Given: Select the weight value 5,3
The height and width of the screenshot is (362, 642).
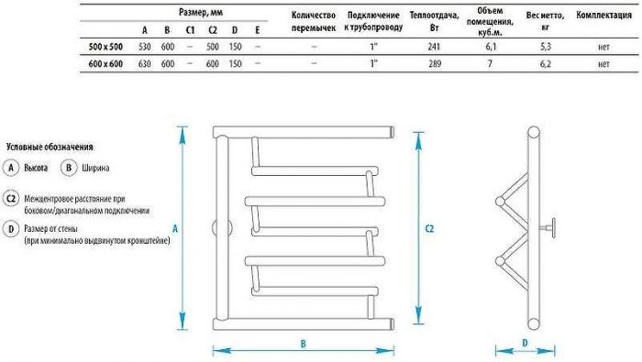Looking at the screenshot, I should [545, 44].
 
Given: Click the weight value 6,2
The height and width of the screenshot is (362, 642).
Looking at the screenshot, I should [545, 63].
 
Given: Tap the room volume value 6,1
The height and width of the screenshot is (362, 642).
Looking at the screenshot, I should [491, 44].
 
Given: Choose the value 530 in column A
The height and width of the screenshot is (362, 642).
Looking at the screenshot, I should [144, 44].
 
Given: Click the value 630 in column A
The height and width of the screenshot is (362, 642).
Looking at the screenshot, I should [144, 63].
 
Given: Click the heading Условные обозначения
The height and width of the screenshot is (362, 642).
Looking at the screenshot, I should [50, 147].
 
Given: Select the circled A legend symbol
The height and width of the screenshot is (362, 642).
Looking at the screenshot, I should [12, 169].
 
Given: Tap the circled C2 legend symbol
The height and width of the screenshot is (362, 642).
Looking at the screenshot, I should [13, 199].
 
